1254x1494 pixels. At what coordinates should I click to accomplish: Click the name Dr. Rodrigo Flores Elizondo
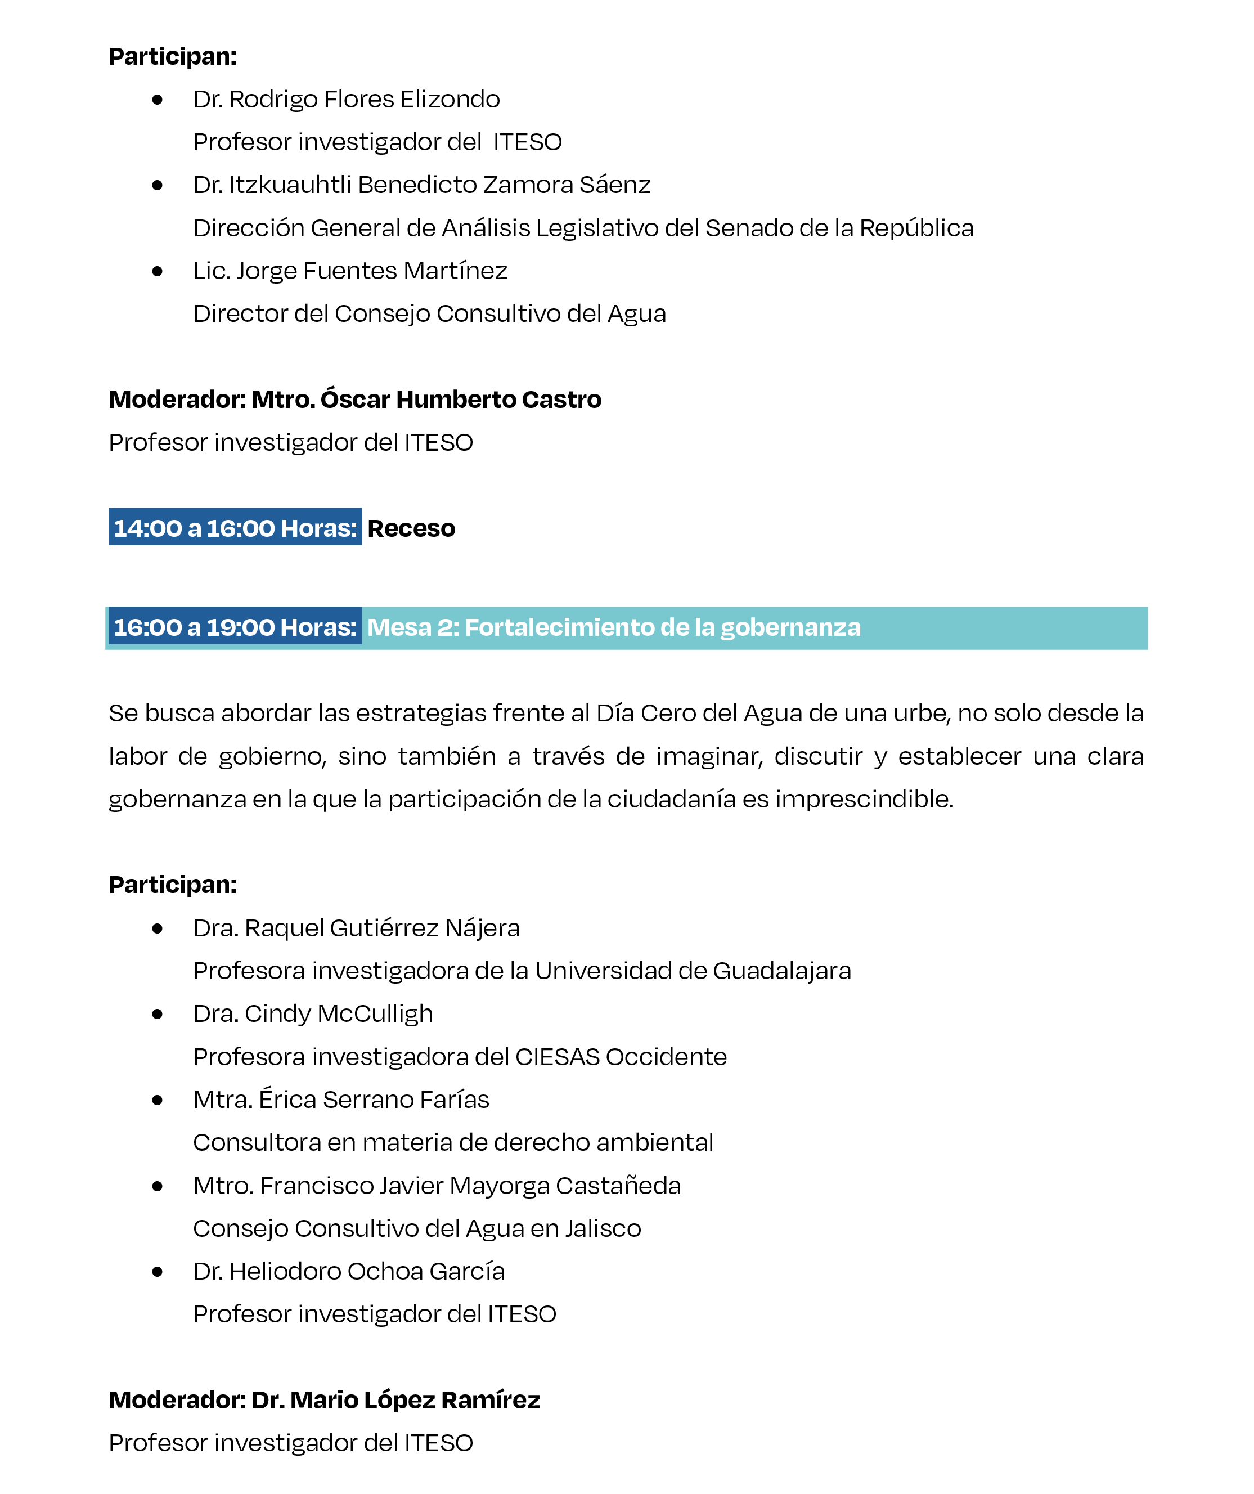pyautogui.click(x=347, y=100)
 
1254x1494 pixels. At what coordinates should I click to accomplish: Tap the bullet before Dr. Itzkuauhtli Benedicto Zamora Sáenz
pyautogui.click(x=157, y=186)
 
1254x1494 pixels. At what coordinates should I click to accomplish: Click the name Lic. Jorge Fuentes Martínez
pyautogui.click(x=350, y=271)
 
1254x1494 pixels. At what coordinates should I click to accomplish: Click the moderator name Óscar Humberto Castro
pyautogui.click(x=461, y=400)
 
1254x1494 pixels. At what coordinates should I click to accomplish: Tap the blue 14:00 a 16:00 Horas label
pyautogui.click(x=235, y=528)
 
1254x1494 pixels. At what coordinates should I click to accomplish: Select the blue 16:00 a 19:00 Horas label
pyautogui.click(x=235, y=627)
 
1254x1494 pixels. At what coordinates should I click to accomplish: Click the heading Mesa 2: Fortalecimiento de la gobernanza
pyautogui.click(x=613, y=627)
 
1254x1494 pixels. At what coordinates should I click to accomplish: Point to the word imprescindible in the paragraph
pyautogui.click(x=864, y=800)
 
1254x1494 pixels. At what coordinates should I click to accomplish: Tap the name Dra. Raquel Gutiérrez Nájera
pyautogui.click(x=356, y=928)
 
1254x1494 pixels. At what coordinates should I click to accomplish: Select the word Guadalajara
pyautogui.click(x=781, y=971)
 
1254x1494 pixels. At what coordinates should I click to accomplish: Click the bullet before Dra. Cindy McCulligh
pyautogui.click(x=157, y=1015)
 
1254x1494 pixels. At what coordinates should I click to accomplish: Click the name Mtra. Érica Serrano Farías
pyautogui.click(x=341, y=1100)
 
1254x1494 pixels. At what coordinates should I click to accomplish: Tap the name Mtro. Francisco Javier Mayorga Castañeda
pyautogui.click(x=437, y=1186)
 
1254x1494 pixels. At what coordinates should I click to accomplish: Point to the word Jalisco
pyautogui.click(x=603, y=1228)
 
